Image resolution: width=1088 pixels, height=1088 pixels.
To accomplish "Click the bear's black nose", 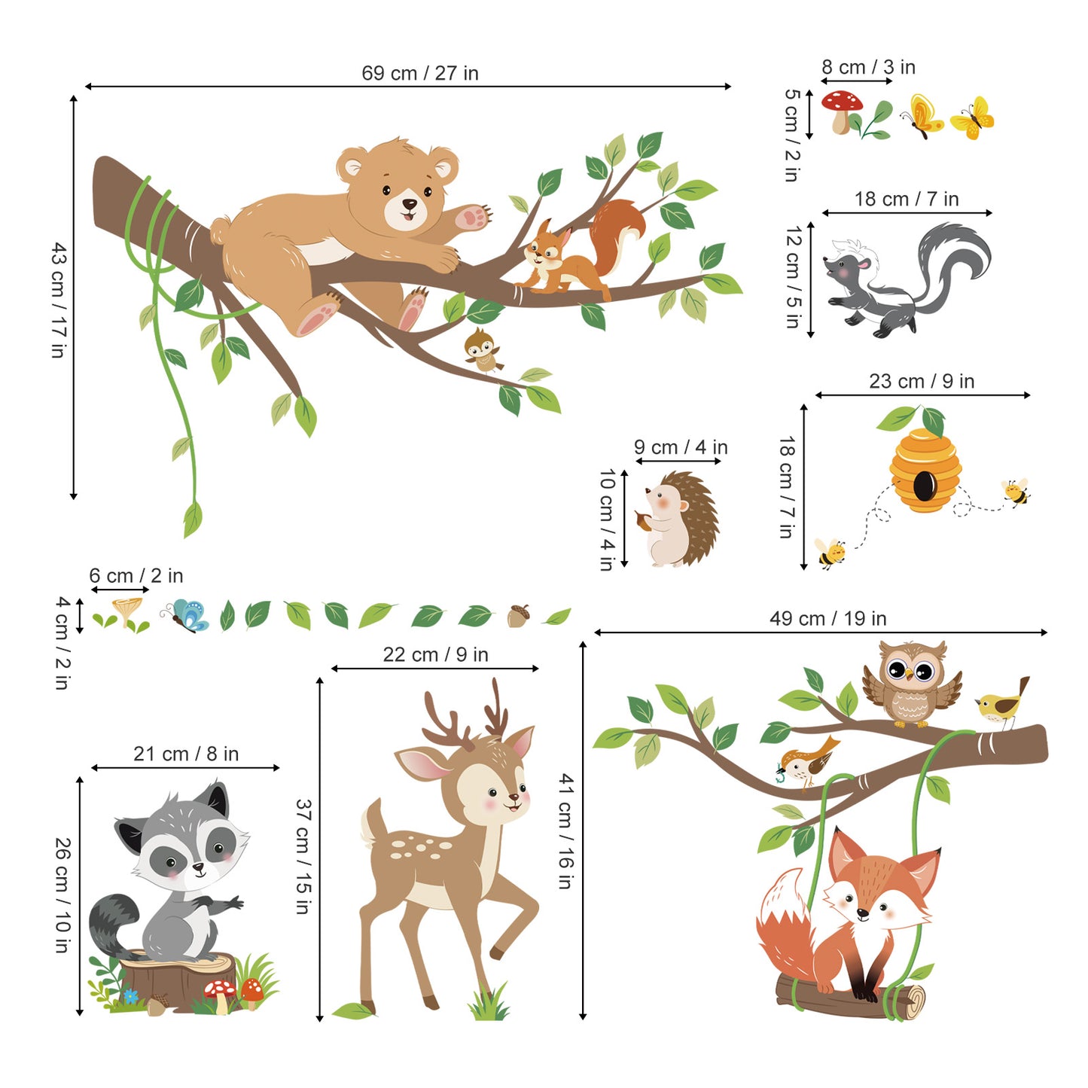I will coord(409,203).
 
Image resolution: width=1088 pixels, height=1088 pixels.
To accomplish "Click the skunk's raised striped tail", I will coord(952,252).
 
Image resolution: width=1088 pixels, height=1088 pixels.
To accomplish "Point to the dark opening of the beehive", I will coord(925,485).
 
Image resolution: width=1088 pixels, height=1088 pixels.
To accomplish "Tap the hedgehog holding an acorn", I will coord(678,520).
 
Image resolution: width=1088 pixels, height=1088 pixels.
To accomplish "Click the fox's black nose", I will coord(863,913).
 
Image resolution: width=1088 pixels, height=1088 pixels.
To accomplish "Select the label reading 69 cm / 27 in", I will coord(419,73).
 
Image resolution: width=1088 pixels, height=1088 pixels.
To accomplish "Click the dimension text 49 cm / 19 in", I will coord(827,618).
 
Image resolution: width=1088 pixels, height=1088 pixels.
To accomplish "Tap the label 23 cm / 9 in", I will coord(921,381).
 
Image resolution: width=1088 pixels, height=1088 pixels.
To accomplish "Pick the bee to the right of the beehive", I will coord(1016,492).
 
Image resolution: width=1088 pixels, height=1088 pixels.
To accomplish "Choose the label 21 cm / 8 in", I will coord(186,754).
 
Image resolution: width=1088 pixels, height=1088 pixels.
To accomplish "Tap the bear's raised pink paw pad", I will coord(474,218).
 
